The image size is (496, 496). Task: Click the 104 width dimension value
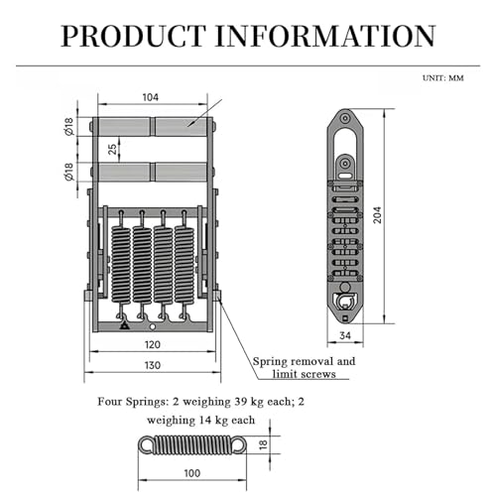coord(151,97)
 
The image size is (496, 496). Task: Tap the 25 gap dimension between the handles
coord(113,149)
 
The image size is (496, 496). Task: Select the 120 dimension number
coord(153,345)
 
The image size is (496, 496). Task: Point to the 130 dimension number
coord(153,365)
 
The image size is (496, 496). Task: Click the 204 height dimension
coord(377,215)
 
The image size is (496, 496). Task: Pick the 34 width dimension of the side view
coord(345,335)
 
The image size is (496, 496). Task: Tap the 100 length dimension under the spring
coord(192,473)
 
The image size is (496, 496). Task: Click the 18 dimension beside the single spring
coord(263,444)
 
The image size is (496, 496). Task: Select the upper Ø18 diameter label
coord(69,126)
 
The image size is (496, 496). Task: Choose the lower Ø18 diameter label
coord(69,172)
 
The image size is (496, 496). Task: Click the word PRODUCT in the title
coord(133,36)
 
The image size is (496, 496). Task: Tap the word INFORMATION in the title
coord(325,36)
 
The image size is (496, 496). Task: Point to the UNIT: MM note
coord(443,78)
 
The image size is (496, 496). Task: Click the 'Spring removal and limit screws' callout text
coord(305,367)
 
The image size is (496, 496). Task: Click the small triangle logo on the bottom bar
coord(124,325)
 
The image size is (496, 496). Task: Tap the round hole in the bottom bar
coord(153,327)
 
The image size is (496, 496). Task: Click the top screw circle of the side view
coord(345,118)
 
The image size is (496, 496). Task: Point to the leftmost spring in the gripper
coord(121,265)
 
